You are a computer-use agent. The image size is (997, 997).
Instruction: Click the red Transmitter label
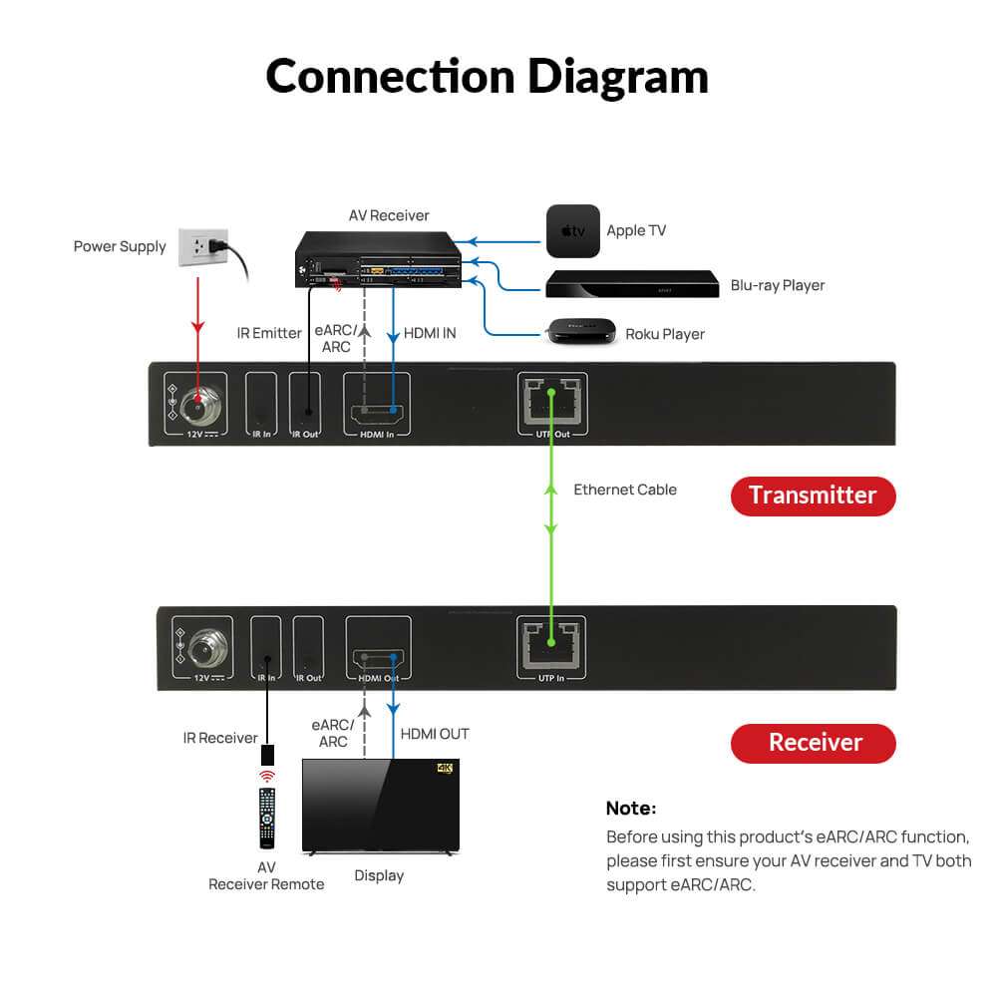click(x=813, y=496)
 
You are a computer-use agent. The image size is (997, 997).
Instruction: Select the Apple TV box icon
click(x=572, y=231)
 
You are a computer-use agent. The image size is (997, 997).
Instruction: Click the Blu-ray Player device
click(x=631, y=284)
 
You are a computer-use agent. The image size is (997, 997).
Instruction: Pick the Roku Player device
click(x=574, y=332)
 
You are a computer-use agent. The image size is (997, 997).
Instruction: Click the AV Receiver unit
click(x=382, y=260)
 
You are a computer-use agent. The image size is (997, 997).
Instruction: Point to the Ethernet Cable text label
click(x=625, y=490)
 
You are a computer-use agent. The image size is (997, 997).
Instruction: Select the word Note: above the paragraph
click(x=631, y=809)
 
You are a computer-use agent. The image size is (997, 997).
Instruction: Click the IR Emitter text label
click(x=269, y=333)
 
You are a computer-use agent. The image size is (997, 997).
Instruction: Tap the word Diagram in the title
click(x=617, y=76)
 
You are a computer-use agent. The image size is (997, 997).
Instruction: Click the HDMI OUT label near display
click(x=435, y=734)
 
